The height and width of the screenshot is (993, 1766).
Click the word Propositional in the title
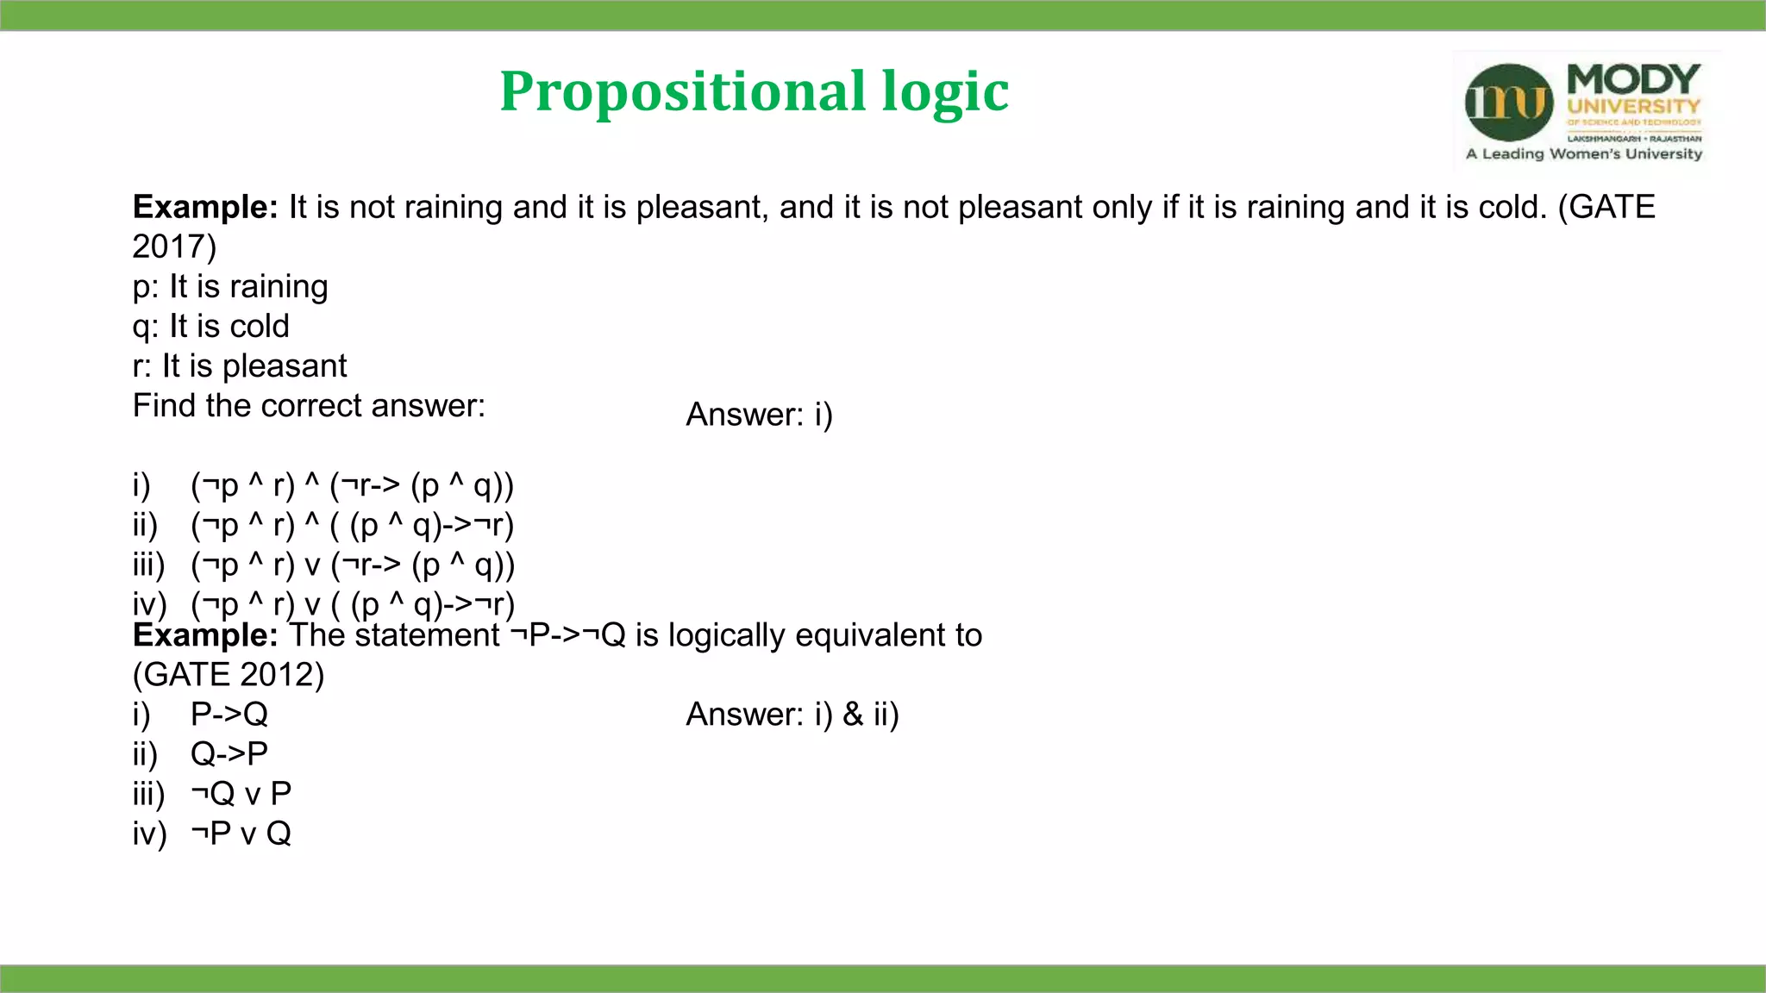pyautogui.click(x=682, y=91)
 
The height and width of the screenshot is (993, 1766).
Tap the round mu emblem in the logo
pyautogui.click(x=1509, y=103)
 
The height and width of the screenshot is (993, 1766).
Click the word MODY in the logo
pyautogui.click(x=1632, y=80)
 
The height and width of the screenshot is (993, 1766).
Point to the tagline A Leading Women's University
pyautogui.click(x=1584, y=154)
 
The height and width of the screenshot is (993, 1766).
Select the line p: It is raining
pyautogui.click(x=230, y=287)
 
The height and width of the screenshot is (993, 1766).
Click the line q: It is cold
pyautogui.click(x=210, y=327)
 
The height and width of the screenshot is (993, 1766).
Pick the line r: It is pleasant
pyautogui.click(x=239, y=366)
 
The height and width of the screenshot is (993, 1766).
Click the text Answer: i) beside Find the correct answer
pyautogui.click(x=759, y=415)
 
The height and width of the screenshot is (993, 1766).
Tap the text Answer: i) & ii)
pyautogui.click(x=792, y=715)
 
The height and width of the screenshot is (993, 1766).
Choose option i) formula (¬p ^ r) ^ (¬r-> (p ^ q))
pyautogui.click(x=352, y=486)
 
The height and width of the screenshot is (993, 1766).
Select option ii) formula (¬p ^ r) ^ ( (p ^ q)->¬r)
pyautogui.click(x=352, y=526)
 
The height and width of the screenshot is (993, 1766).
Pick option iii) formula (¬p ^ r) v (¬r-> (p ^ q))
pyautogui.click(x=352, y=565)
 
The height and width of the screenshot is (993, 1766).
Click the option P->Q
pyautogui.click(x=229, y=715)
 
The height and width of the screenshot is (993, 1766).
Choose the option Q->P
pyautogui.click(x=229, y=754)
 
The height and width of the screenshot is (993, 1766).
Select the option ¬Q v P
pyautogui.click(x=241, y=794)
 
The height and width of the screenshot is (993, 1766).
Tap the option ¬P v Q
pyautogui.click(x=241, y=834)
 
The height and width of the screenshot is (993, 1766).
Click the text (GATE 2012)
pyautogui.click(x=229, y=675)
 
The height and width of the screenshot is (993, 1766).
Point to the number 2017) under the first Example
pyautogui.click(x=174, y=247)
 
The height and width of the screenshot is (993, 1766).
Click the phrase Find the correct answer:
pyautogui.click(x=309, y=406)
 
